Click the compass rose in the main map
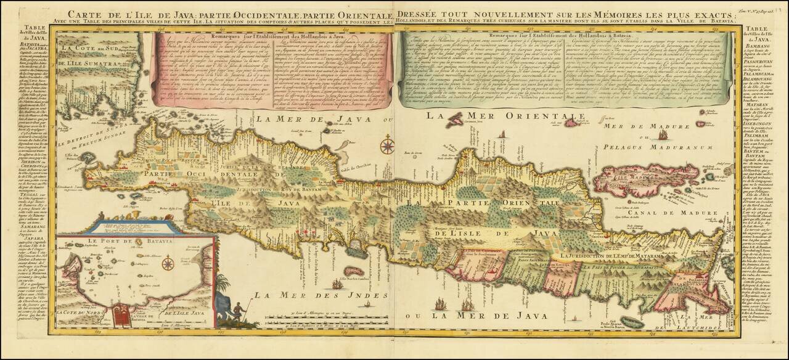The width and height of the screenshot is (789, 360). click(x=388, y=147)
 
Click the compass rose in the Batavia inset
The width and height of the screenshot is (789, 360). click(x=167, y=264)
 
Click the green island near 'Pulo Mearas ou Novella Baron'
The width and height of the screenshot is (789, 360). click(x=631, y=321)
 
